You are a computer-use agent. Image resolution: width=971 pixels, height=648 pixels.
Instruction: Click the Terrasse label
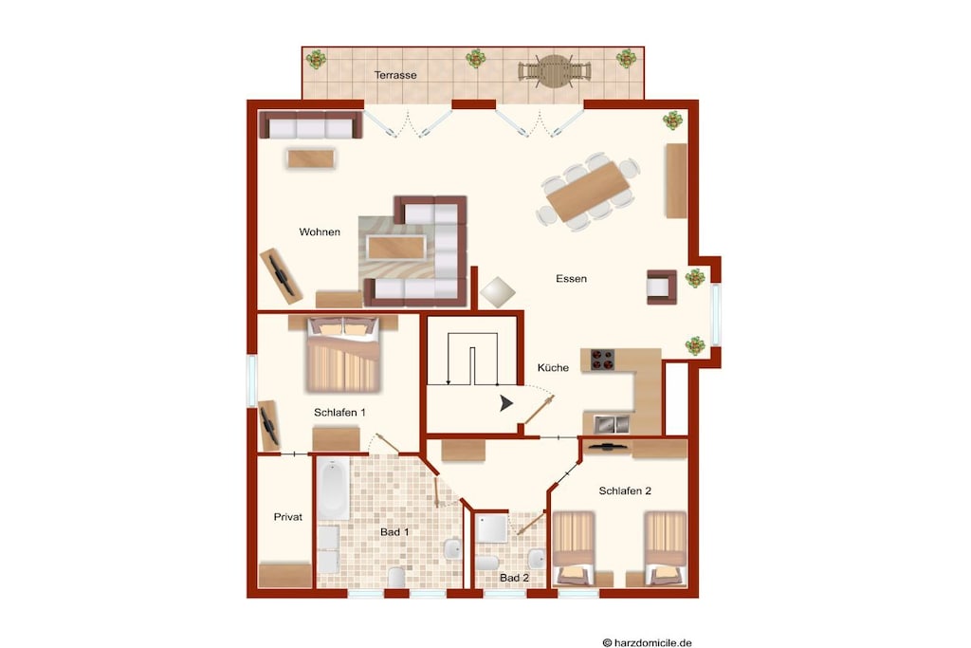coord(395,75)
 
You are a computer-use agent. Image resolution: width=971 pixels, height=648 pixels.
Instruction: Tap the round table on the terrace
coord(554,71)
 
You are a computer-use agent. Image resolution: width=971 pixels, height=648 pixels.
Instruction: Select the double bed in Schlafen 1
coord(342,354)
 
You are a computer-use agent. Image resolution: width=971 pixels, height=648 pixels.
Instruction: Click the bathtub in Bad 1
coord(333,490)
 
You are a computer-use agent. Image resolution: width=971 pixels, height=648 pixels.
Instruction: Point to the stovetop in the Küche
coord(602,360)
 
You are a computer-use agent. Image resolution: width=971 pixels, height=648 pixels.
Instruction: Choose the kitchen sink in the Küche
coord(612,424)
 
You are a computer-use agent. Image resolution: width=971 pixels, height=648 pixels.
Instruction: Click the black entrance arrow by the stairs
coord(506,404)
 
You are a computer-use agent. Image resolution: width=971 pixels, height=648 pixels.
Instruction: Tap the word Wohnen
coord(320,232)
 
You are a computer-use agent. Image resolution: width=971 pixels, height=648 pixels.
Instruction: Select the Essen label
coord(571,279)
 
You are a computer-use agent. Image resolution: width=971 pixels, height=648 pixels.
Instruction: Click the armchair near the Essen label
coord(661,287)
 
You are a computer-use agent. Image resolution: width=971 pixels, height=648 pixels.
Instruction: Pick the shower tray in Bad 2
coord(492,527)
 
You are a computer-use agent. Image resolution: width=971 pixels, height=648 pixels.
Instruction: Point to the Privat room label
coord(288,517)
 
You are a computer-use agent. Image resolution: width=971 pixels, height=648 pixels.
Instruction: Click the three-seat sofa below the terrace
coord(310,124)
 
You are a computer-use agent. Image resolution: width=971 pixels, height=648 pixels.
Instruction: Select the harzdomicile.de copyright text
coord(647,643)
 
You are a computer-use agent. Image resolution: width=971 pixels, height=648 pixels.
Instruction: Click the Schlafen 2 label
coord(625,491)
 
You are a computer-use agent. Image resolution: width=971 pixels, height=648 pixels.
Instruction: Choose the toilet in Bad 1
coord(396,578)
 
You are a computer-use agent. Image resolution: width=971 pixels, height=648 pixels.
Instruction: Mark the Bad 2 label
coord(515,578)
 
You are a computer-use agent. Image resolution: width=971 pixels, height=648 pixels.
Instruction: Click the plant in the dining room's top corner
coord(673,120)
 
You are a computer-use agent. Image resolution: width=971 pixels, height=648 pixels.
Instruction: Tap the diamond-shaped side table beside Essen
coord(497,292)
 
